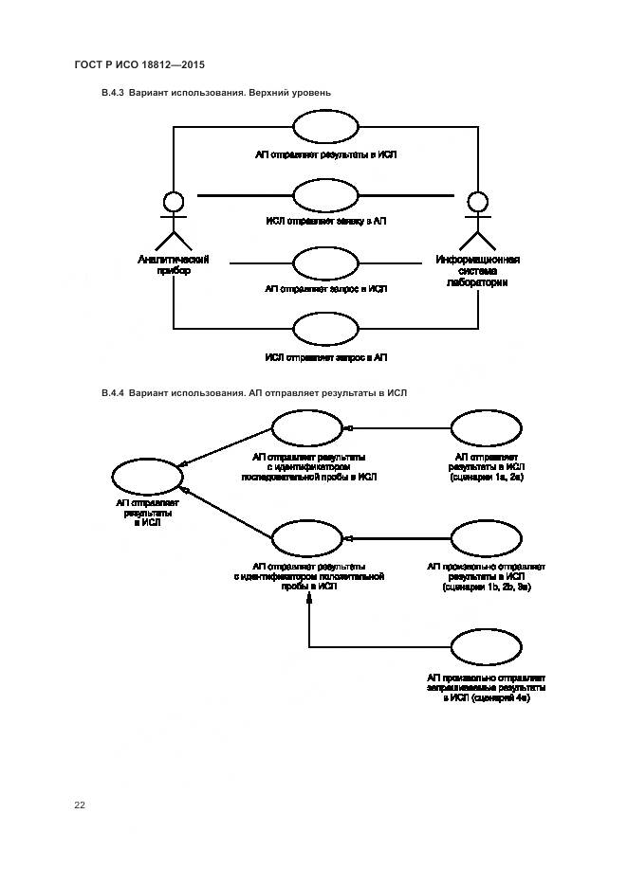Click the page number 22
(80, 805)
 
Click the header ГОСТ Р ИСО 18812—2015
(139, 64)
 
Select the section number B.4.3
(113, 93)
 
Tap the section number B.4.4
(113, 392)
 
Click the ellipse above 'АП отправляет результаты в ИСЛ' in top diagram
(325, 128)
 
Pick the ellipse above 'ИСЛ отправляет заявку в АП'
(325, 196)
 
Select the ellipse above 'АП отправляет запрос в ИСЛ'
(325, 263)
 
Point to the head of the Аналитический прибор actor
(173, 202)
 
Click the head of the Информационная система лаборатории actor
(478, 202)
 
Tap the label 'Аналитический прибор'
(173, 264)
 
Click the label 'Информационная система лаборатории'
(478, 270)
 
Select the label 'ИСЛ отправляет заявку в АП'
(325, 221)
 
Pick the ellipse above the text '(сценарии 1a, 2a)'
(486, 428)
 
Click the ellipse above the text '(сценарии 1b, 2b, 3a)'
(486, 538)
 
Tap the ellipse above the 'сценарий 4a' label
(486, 648)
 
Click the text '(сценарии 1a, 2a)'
(486, 479)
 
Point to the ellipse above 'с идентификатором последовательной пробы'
(306, 428)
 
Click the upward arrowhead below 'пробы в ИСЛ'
(308, 603)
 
